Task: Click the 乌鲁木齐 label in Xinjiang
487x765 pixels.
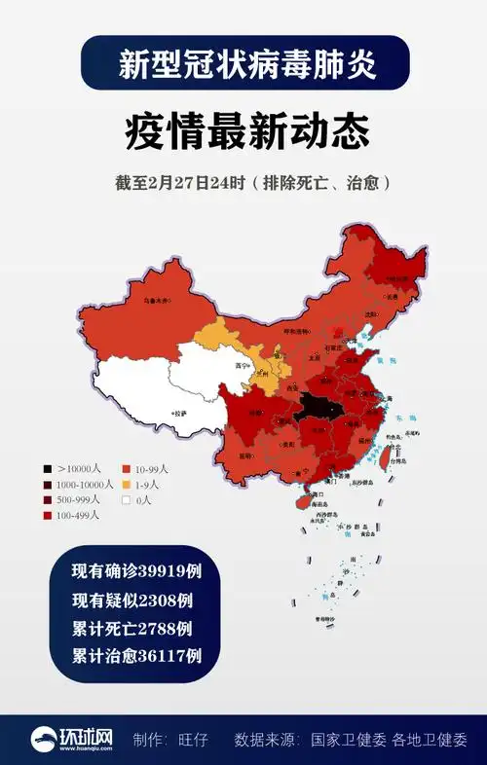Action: click(157, 301)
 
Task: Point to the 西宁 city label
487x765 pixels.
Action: click(243, 366)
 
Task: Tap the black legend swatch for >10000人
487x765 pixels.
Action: click(48, 468)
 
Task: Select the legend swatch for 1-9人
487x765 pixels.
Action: click(127, 484)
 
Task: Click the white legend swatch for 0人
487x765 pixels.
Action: click(127, 499)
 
